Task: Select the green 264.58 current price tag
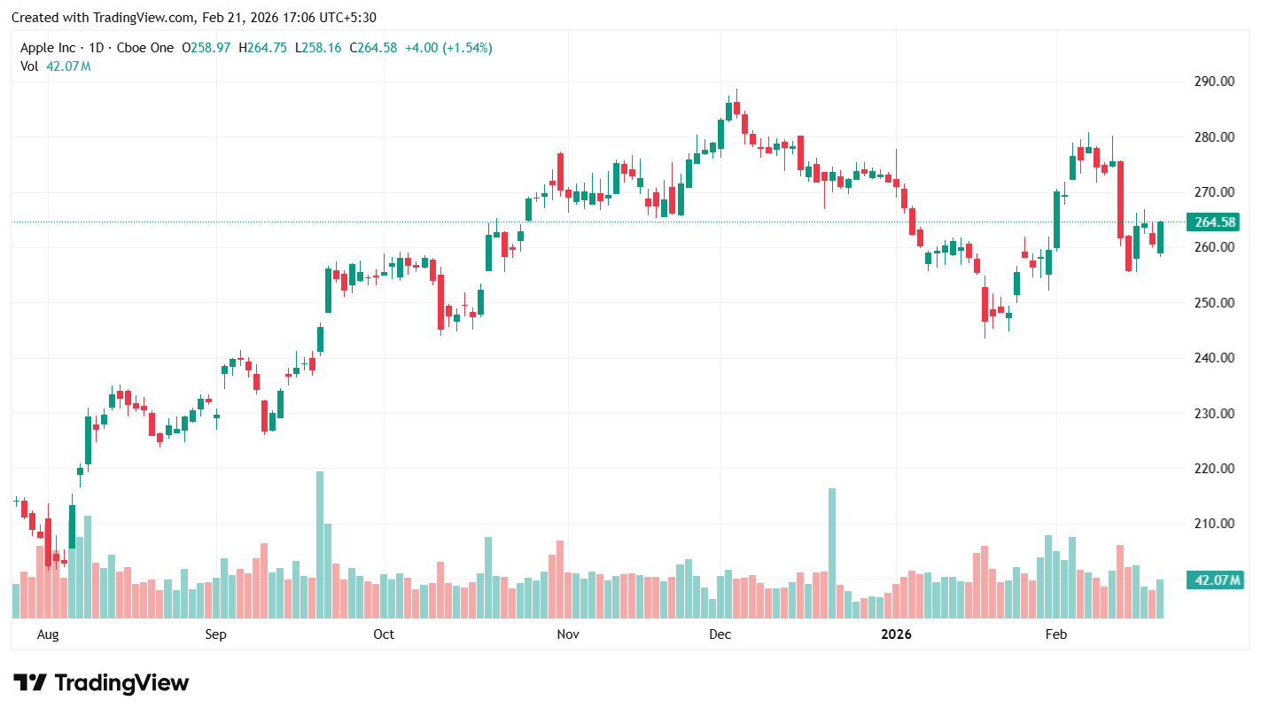click(1215, 222)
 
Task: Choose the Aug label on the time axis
click(48, 634)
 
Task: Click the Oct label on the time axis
click(384, 634)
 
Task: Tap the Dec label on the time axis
click(720, 634)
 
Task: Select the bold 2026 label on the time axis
click(896, 634)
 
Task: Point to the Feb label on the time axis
click(1055, 634)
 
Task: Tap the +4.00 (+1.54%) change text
click(448, 48)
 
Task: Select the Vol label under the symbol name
click(29, 66)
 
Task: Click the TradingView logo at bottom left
click(101, 683)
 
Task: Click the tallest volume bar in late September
click(320, 544)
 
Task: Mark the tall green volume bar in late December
click(832, 553)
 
